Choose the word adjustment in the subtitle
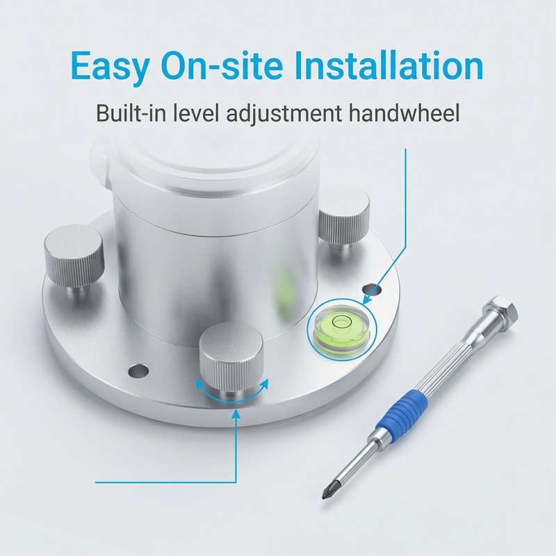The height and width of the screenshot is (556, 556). [298, 114]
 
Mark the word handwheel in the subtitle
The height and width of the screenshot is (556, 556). [407, 113]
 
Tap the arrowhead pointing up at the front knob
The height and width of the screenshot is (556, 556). [237, 414]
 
